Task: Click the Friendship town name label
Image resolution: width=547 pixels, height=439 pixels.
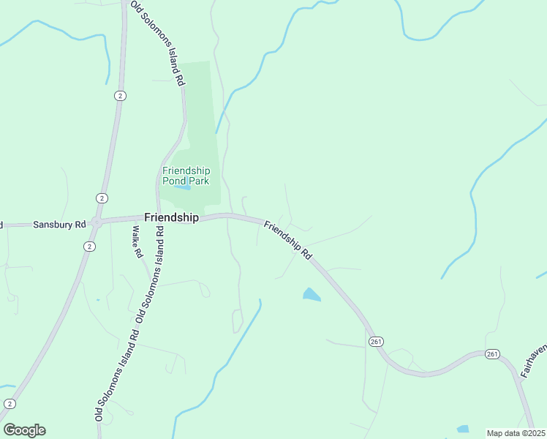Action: [171, 217]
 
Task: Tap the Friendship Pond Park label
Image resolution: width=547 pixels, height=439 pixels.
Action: [186, 176]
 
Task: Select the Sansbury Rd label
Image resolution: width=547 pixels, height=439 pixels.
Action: [60, 225]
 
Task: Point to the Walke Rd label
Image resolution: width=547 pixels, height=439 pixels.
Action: [137, 243]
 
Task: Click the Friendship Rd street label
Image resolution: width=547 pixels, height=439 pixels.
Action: [288, 239]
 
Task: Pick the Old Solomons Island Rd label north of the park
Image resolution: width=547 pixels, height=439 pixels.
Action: [157, 42]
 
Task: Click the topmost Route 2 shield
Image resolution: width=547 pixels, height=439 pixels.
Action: [120, 96]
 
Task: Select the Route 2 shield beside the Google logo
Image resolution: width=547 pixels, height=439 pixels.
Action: [10, 404]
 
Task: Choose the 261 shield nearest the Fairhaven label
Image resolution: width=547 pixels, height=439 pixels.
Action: [491, 354]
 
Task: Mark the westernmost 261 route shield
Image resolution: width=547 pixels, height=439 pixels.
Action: [376, 342]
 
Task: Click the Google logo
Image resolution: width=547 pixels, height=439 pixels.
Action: [24, 429]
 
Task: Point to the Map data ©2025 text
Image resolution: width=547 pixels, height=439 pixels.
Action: [516, 433]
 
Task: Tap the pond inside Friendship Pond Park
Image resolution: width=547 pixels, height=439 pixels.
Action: [182, 188]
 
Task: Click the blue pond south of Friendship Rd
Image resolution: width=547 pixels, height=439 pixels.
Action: [311, 295]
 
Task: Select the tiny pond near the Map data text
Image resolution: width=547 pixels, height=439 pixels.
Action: [462, 429]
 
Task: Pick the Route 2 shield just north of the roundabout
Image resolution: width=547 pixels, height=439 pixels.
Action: [101, 198]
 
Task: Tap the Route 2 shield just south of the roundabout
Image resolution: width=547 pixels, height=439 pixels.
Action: [89, 247]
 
